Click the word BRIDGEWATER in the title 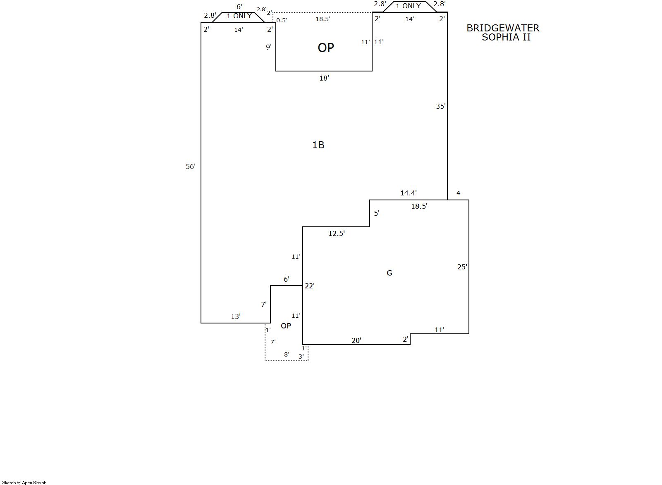click(x=503, y=29)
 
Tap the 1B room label click(x=318, y=145)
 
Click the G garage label click(x=389, y=273)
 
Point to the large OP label click(x=326, y=48)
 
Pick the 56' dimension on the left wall click(x=190, y=166)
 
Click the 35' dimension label click(x=441, y=106)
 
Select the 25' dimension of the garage click(x=462, y=267)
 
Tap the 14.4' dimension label click(x=409, y=193)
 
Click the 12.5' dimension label click(x=337, y=233)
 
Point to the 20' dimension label click(x=356, y=340)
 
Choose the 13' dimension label click(x=236, y=316)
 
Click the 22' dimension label click(x=309, y=286)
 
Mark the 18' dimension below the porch click(x=324, y=78)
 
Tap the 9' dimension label click(x=268, y=47)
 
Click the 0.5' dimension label click(x=282, y=20)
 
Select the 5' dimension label click(x=377, y=213)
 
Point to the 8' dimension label click(x=287, y=354)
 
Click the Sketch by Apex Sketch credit click(x=24, y=483)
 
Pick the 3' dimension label click(x=301, y=356)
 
